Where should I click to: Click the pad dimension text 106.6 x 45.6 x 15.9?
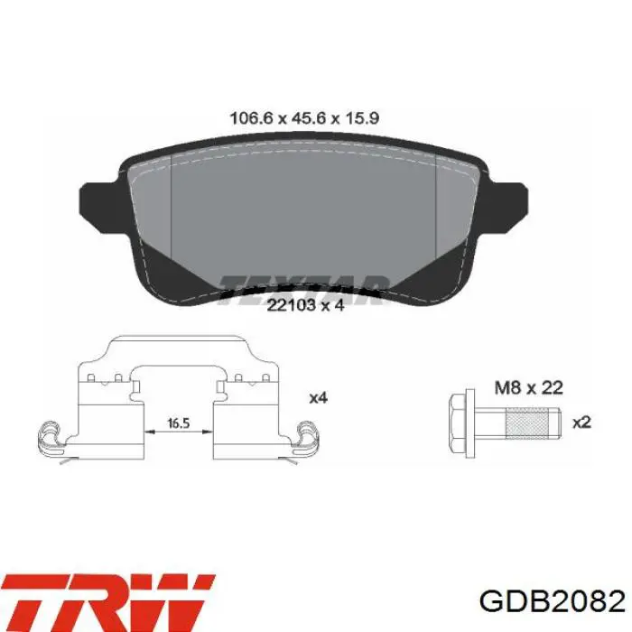tap(304, 118)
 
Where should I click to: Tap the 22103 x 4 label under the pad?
tap(305, 305)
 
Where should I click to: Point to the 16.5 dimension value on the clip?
tap(179, 423)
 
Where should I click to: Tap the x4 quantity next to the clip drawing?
tap(318, 398)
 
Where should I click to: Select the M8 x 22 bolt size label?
tap(528, 388)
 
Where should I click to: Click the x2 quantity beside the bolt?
tap(581, 423)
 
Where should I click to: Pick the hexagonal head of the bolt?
tap(457, 423)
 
